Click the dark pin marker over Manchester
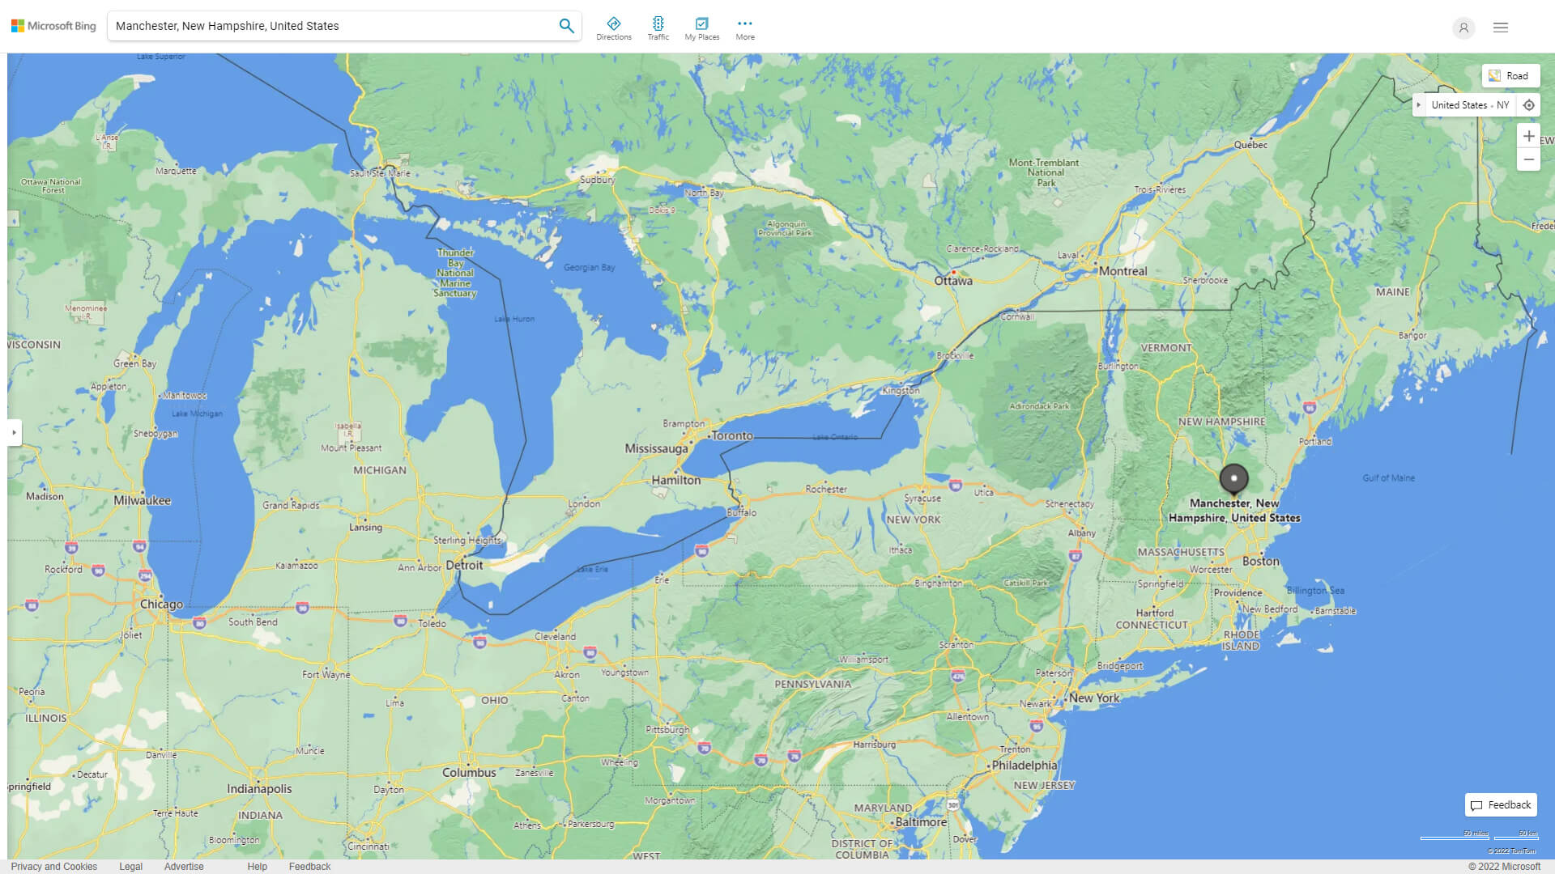point(1233,478)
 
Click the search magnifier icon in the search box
point(566,26)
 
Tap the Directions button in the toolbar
point(613,28)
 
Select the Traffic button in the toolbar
point(658,28)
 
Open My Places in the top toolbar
point(701,28)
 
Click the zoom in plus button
point(1528,136)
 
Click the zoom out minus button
point(1528,159)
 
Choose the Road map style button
point(1510,76)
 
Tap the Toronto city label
point(732,435)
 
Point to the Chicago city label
point(161,604)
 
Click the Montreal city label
point(1123,271)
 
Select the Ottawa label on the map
point(953,281)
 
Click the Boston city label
point(1260,561)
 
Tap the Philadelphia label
point(1025,765)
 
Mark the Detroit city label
point(464,565)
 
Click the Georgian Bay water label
point(589,267)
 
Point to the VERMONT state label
point(1165,348)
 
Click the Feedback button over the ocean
point(1500,804)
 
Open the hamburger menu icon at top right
point(1500,28)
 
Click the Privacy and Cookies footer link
point(53,866)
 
